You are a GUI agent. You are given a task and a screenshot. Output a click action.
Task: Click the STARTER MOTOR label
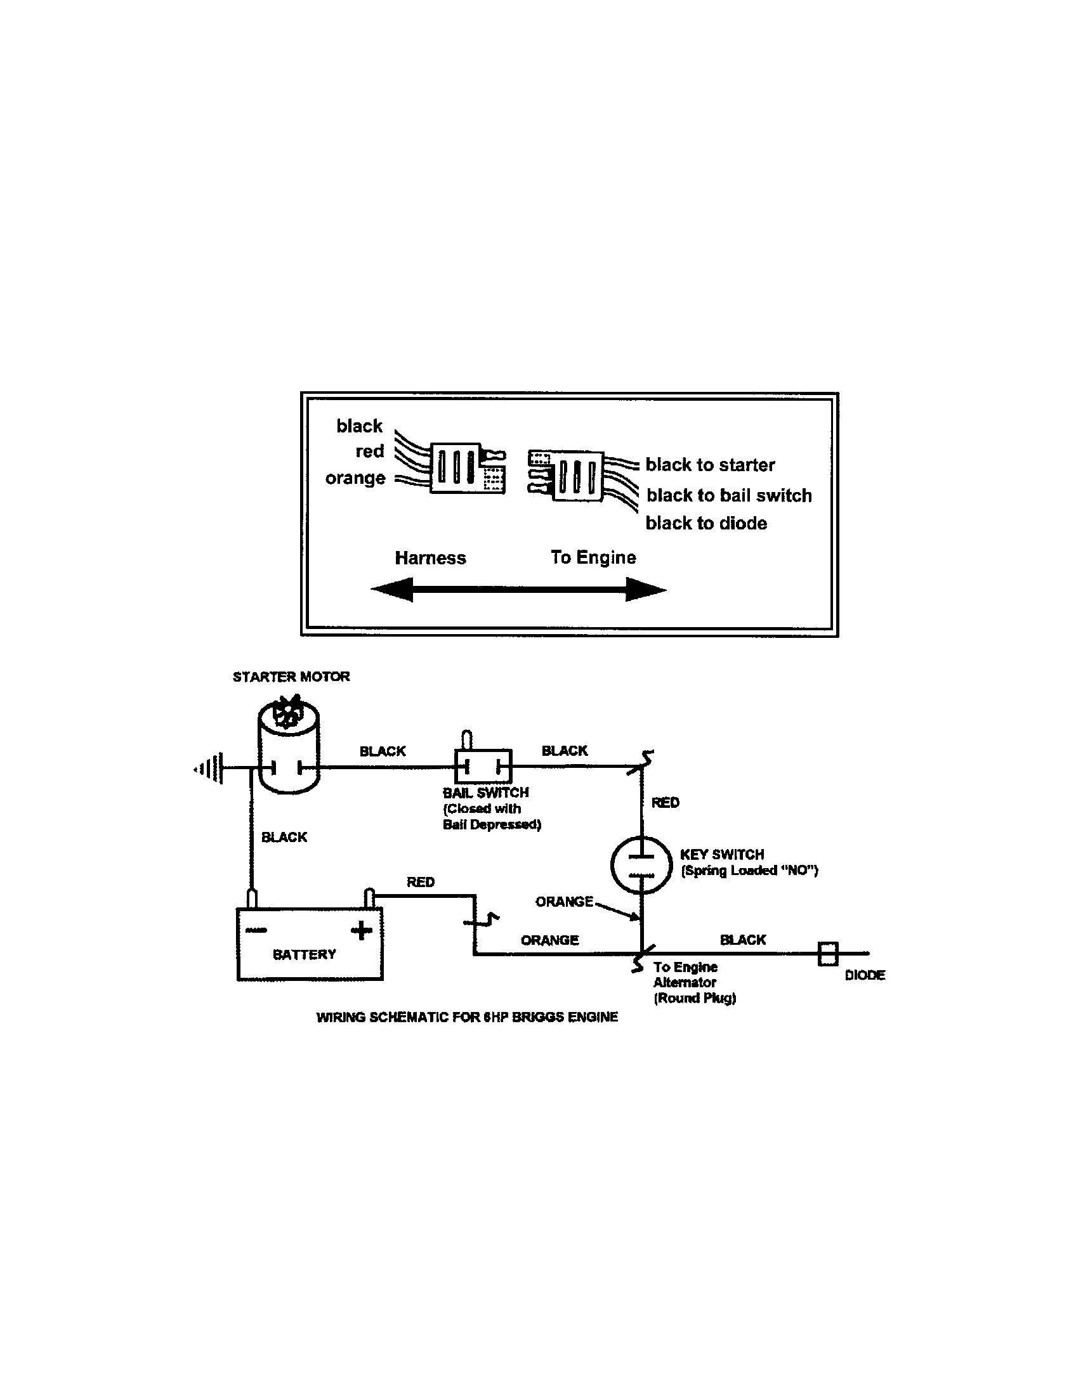click(x=291, y=677)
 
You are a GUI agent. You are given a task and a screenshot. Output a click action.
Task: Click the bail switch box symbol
click(x=483, y=766)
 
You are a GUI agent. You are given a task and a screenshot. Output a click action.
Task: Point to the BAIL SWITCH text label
click(x=485, y=793)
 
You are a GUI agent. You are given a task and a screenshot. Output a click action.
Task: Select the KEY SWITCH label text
click(x=722, y=854)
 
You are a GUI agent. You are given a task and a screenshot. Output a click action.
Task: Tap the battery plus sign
click(x=361, y=930)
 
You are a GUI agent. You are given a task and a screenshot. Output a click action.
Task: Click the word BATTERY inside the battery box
click(x=304, y=954)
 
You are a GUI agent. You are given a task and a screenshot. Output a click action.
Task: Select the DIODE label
click(x=865, y=975)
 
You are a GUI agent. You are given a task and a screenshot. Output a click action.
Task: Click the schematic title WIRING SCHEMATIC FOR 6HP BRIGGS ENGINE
click(x=467, y=1017)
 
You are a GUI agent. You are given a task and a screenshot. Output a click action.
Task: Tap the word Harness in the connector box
click(x=430, y=557)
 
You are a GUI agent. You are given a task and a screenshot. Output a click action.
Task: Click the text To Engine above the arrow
click(x=593, y=557)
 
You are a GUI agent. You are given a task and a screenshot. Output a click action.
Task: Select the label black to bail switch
click(x=728, y=495)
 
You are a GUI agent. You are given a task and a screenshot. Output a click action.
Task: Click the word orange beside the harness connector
click(x=355, y=477)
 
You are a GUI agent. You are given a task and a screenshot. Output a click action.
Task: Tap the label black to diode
click(x=706, y=523)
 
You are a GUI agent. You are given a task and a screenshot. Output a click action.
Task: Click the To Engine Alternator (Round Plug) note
click(x=694, y=982)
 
